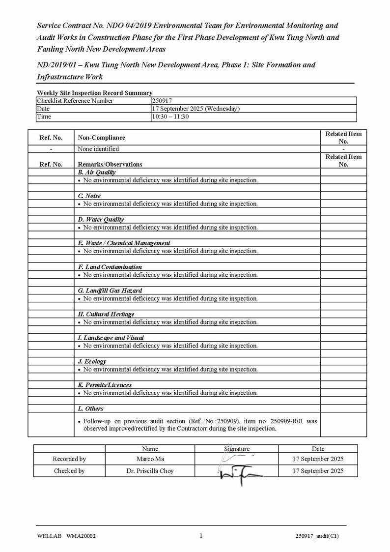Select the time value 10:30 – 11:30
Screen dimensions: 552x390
point(170,116)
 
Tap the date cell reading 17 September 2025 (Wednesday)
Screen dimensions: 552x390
point(196,109)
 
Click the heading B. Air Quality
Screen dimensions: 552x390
point(97,173)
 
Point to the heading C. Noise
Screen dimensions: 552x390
point(89,196)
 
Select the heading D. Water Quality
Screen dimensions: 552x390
point(101,220)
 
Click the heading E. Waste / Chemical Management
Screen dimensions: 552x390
point(124,243)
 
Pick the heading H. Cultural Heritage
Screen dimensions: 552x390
point(106,314)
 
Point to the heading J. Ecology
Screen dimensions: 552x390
point(92,361)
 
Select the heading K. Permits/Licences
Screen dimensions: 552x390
point(105,385)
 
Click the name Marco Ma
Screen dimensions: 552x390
point(150,459)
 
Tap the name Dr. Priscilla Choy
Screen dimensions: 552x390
point(150,471)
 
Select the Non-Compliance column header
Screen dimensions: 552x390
point(102,138)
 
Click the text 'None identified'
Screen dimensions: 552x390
point(98,149)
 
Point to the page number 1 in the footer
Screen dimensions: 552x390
point(201,536)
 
